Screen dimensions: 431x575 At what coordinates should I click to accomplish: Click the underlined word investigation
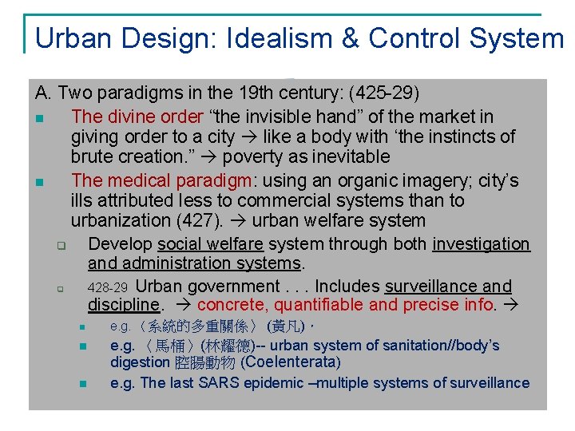(x=481, y=244)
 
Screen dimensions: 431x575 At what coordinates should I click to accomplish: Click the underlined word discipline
(x=124, y=305)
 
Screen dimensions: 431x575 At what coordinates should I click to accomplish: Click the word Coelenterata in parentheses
(x=291, y=362)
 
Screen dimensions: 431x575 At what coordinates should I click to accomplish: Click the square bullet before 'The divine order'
(x=38, y=119)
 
